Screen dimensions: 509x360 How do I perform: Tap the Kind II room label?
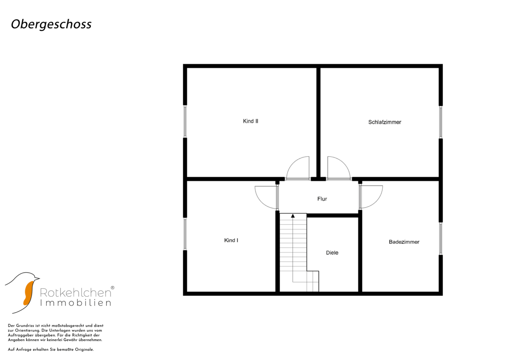(x=251, y=121)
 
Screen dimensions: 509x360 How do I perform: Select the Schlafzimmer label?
(x=385, y=122)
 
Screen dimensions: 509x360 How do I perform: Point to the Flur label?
(x=322, y=199)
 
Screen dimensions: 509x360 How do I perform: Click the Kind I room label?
(x=231, y=240)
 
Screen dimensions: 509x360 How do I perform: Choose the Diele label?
(x=332, y=253)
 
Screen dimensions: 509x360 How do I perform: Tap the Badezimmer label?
(x=404, y=242)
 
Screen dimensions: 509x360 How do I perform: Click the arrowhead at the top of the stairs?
(x=293, y=216)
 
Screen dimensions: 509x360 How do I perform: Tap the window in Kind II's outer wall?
(x=185, y=121)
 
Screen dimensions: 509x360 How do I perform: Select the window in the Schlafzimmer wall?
(x=441, y=122)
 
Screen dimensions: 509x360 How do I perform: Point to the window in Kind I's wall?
(x=185, y=234)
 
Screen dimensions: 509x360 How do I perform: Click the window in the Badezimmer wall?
(x=441, y=238)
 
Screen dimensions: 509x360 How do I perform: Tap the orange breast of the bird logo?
(x=29, y=293)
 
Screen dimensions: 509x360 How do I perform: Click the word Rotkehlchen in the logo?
(x=76, y=293)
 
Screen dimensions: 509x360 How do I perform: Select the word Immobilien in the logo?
(x=76, y=303)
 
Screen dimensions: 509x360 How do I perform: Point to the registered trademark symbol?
(x=112, y=288)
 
